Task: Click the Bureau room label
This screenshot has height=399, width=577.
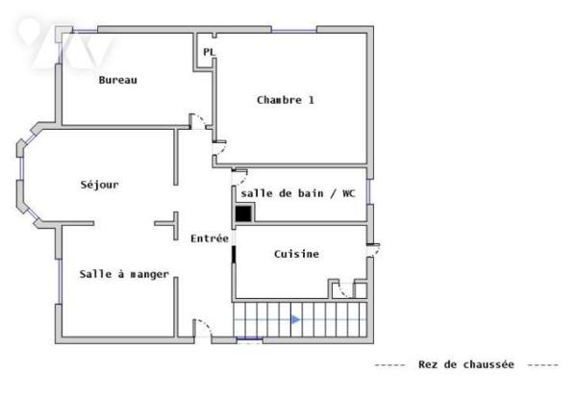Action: pos(117,80)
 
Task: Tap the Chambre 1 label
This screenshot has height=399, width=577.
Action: pos(286,100)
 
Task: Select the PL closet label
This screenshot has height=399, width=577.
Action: pos(209,52)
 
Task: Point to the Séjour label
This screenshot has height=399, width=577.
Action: pos(99,185)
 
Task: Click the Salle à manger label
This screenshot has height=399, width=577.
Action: pos(124,274)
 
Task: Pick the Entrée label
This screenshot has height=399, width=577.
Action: pos(210,238)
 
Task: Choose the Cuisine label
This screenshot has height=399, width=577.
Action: pos(296,254)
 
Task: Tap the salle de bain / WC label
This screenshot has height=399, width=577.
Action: pos(298,193)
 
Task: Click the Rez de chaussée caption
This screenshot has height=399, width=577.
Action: pos(466,364)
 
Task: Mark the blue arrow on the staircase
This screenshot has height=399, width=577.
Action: pos(296,319)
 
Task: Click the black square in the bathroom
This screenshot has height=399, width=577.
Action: pos(243,213)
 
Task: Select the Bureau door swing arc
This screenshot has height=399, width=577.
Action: pos(197,121)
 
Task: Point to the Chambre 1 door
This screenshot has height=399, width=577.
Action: pos(219,148)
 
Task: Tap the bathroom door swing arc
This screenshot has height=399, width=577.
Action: pos(239,177)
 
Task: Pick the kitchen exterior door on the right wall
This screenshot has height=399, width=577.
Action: pos(373,250)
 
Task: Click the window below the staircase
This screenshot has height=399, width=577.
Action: pos(249,339)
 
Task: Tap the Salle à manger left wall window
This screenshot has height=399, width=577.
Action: pos(59,282)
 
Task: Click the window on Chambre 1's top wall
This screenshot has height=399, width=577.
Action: pos(294,31)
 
